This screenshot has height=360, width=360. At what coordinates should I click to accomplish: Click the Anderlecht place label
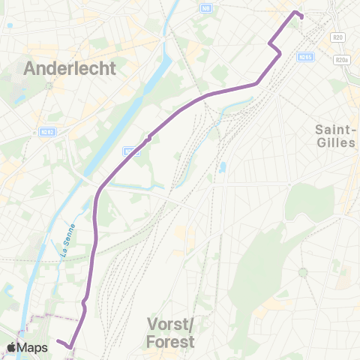click(70, 68)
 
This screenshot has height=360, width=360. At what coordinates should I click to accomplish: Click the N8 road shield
click(205, 8)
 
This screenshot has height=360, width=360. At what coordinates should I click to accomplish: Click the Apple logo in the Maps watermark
click(12, 347)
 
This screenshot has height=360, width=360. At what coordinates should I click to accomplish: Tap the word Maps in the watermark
click(34, 347)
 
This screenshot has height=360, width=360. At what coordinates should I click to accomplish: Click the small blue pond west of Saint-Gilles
click(223, 167)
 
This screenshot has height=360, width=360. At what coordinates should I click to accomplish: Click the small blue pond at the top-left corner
click(9, 25)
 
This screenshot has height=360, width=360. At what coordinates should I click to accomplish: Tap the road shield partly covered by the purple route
click(132, 151)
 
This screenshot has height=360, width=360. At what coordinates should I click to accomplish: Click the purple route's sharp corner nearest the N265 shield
click(280, 53)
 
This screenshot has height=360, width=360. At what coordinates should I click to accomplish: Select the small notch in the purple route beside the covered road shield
click(149, 137)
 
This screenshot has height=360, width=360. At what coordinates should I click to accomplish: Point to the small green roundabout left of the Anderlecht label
click(47, 85)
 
